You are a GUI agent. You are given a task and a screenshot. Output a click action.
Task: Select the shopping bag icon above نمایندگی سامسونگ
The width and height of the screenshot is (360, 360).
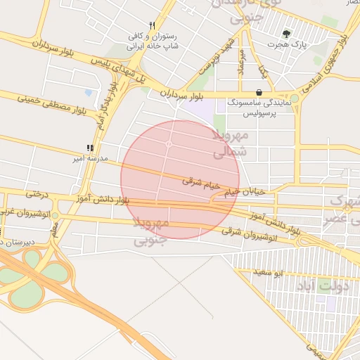pos(259,92)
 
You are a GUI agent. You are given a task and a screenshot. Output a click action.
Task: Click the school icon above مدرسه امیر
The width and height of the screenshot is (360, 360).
pos(89,148)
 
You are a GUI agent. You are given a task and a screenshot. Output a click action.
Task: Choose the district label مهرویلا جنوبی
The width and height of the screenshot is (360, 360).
pos(151,231)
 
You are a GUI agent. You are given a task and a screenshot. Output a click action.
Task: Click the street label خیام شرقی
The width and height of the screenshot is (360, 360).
pos(202,184)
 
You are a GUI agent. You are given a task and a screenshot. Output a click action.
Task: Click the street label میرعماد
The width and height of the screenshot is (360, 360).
pos(241,63)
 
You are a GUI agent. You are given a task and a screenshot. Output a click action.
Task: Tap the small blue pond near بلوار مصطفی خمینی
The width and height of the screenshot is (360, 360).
pos(88,92)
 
